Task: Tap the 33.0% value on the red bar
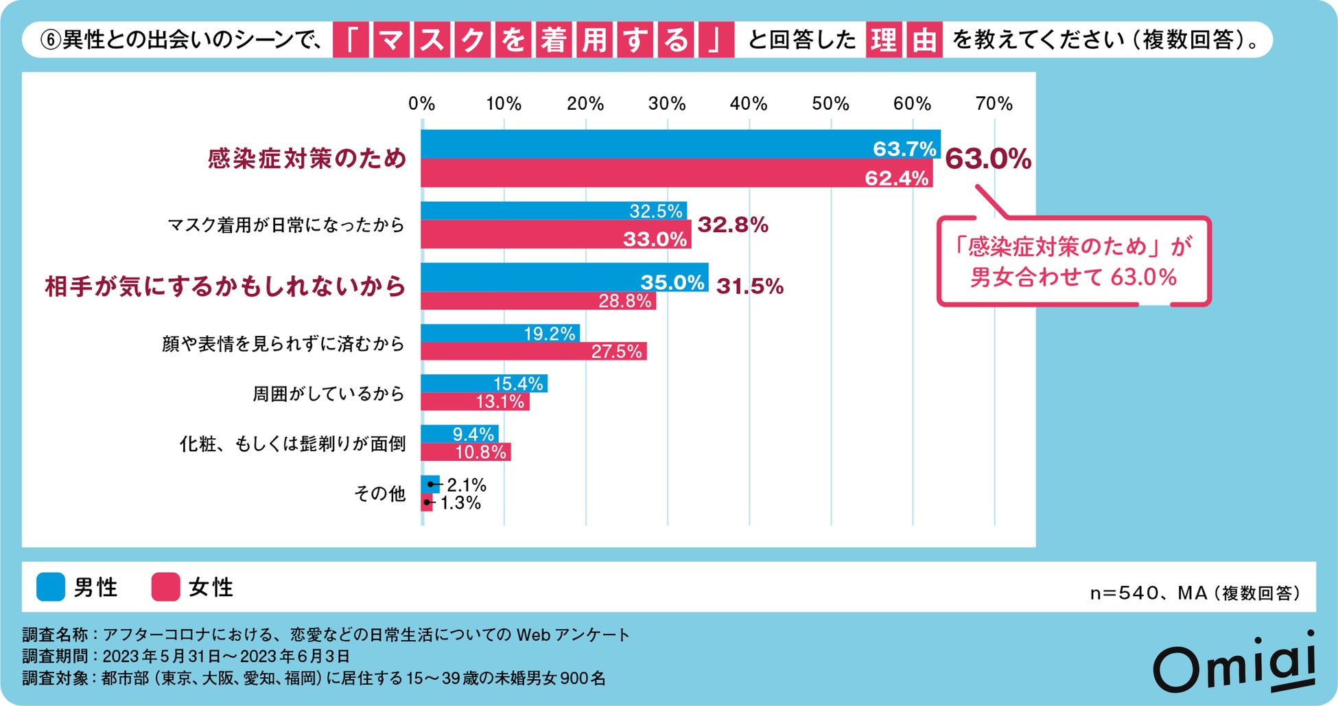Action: tap(655, 239)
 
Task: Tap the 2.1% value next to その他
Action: tap(466, 485)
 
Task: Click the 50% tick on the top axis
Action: tap(830, 104)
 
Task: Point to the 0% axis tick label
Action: tap(421, 104)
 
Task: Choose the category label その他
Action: tap(379, 493)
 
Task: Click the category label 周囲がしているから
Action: tap(328, 394)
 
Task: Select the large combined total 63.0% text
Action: tap(987, 159)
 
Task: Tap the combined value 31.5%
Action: tap(749, 286)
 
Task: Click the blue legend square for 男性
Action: tap(51, 587)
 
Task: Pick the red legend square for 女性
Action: tap(165, 587)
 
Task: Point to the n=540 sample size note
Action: tap(1195, 593)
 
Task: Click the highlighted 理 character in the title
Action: tap(883, 40)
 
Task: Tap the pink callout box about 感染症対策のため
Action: tap(1073, 262)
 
